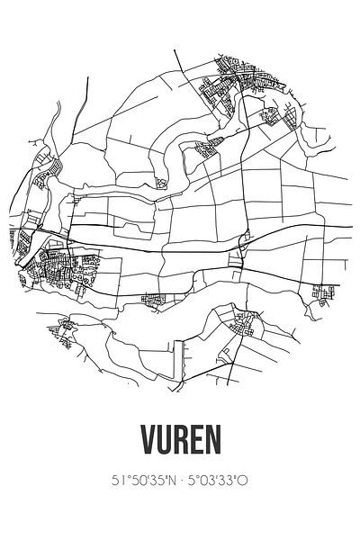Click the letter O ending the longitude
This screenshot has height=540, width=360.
tap(243, 481)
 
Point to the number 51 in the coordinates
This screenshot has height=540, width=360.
tap(118, 481)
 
